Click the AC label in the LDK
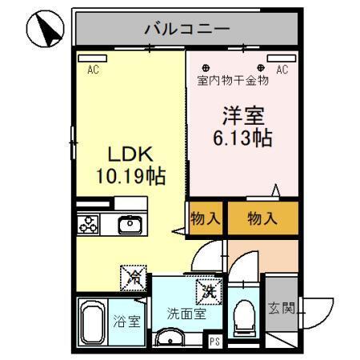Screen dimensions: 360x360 [x=93, y=70]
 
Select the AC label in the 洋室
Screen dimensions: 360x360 [x=282, y=70]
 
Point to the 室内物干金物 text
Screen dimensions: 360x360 [x=233, y=81]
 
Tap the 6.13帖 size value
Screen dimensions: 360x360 [x=242, y=137]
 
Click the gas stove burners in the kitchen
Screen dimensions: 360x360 [x=88, y=225]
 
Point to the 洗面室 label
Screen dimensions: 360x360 [x=186, y=314]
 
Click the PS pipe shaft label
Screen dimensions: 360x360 [x=214, y=342]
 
